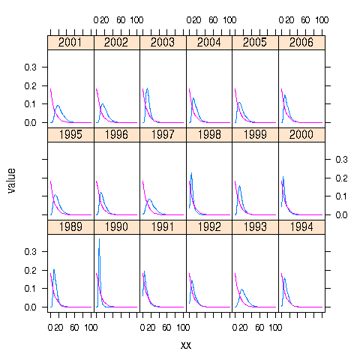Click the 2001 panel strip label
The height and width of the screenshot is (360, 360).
70,43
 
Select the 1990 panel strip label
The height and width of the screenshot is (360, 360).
116,228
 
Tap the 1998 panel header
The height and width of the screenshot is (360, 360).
209,136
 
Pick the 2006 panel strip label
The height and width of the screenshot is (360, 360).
301,43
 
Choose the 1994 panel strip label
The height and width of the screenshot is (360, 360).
301,228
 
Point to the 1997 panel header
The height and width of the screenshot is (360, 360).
163,136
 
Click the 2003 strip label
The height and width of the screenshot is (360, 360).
163,43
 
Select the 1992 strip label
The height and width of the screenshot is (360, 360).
209,228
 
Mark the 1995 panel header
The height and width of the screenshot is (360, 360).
70,136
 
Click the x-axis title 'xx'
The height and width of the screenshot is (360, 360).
186,345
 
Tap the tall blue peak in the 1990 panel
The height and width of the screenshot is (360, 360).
99,239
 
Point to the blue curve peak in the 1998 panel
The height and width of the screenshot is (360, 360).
192,173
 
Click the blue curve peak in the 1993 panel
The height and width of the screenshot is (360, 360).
241,289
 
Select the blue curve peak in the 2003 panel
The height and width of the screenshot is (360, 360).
148,88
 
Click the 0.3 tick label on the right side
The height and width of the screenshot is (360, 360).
341,159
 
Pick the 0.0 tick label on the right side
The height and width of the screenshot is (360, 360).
341,214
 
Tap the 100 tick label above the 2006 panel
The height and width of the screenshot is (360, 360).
321,19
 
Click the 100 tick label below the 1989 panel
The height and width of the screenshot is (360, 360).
89,327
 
